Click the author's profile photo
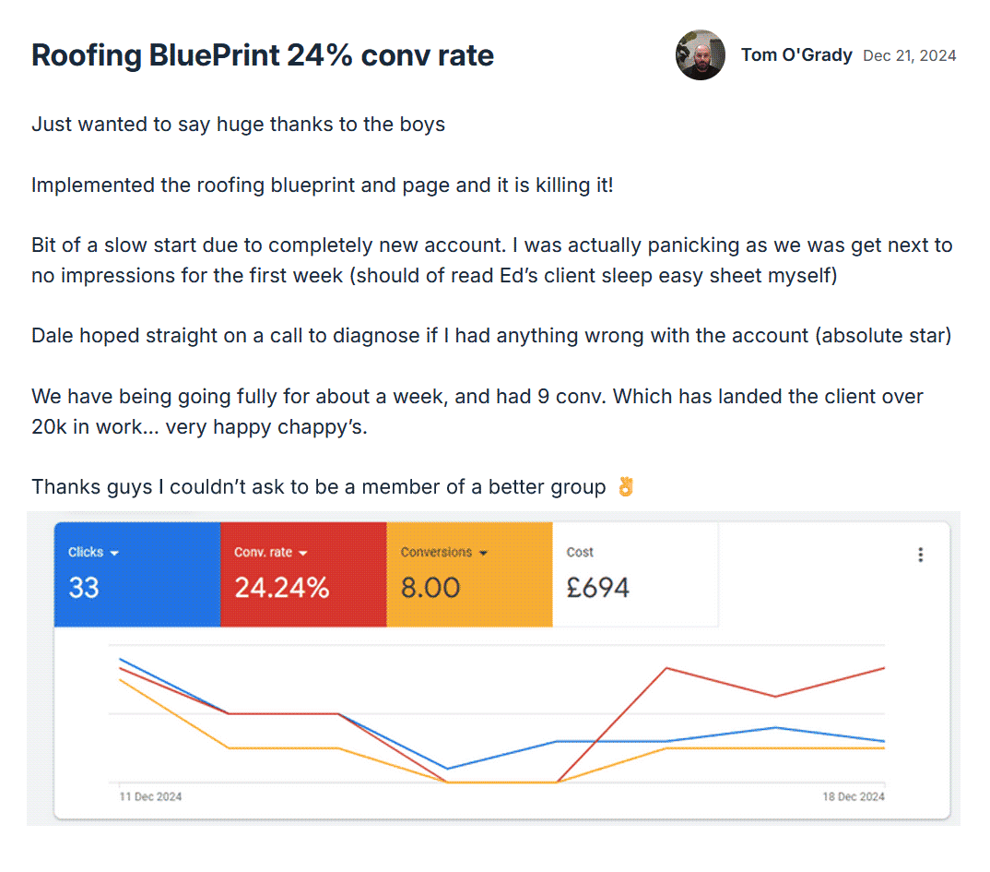[x=701, y=55]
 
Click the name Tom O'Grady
[x=796, y=55]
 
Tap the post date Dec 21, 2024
[x=909, y=56]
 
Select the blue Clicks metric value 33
[x=84, y=588]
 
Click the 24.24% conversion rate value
[x=281, y=588]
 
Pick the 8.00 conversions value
[x=430, y=588]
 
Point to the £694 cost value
[x=597, y=588]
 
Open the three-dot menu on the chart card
[x=920, y=555]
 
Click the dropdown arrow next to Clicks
[x=115, y=553]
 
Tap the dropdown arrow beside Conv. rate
[x=303, y=553]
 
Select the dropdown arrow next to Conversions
[x=482, y=553]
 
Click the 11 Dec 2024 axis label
[x=151, y=796]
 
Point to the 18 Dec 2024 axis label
[x=853, y=796]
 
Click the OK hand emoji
[x=626, y=486]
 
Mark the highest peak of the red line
[x=666, y=668]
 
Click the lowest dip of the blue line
[x=448, y=768]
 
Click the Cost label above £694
[x=580, y=552]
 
